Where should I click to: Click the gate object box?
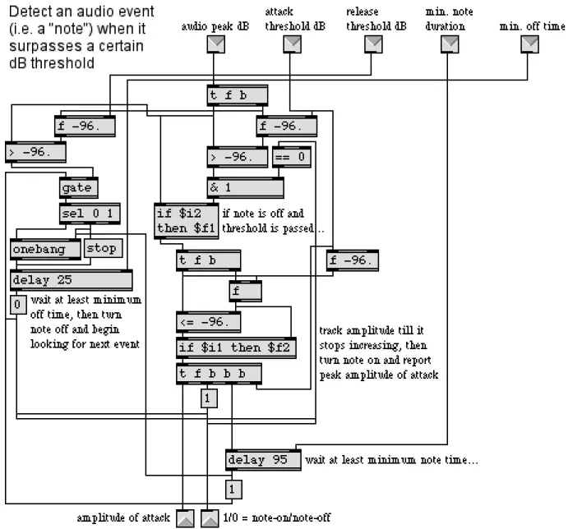pyautogui.click(x=79, y=187)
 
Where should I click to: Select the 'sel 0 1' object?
pyautogui.click(x=90, y=214)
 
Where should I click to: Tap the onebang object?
pyautogui.click(x=45, y=249)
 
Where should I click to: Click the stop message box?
pyautogui.click(x=104, y=248)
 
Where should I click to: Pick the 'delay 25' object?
pyautogui.click(x=72, y=280)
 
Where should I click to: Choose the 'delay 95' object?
pyautogui.click(x=263, y=460)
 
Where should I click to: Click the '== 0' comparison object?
pyautogui.click(x=292, y=157)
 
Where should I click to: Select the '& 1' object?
pyautogui.click(x=245, y=187)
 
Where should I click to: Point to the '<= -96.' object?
pyautogui.click(x=208, y=322)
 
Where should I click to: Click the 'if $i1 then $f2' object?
pyautogui.click(x=236, y=347)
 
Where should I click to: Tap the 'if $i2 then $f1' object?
pyautogui.click(x=187, y=221)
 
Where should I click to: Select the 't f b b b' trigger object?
pyautogui.click(x=219, y=373)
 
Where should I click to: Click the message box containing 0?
pyautogui.click(x=18, y=305)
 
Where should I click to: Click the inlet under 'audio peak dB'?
pyautogui.click(x=216, y=44)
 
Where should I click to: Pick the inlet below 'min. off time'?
pyautogui.click(x=529, y=44)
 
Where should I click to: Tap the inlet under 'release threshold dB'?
pyautogui.click(x=373, y=44)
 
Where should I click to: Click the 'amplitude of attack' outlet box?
pyautogui.click(x=185, y=518)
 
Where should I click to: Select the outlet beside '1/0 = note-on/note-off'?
pyautogui.click(x=210, y=518)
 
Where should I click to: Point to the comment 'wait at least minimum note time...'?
pyautogui.click(x=391, y=460)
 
